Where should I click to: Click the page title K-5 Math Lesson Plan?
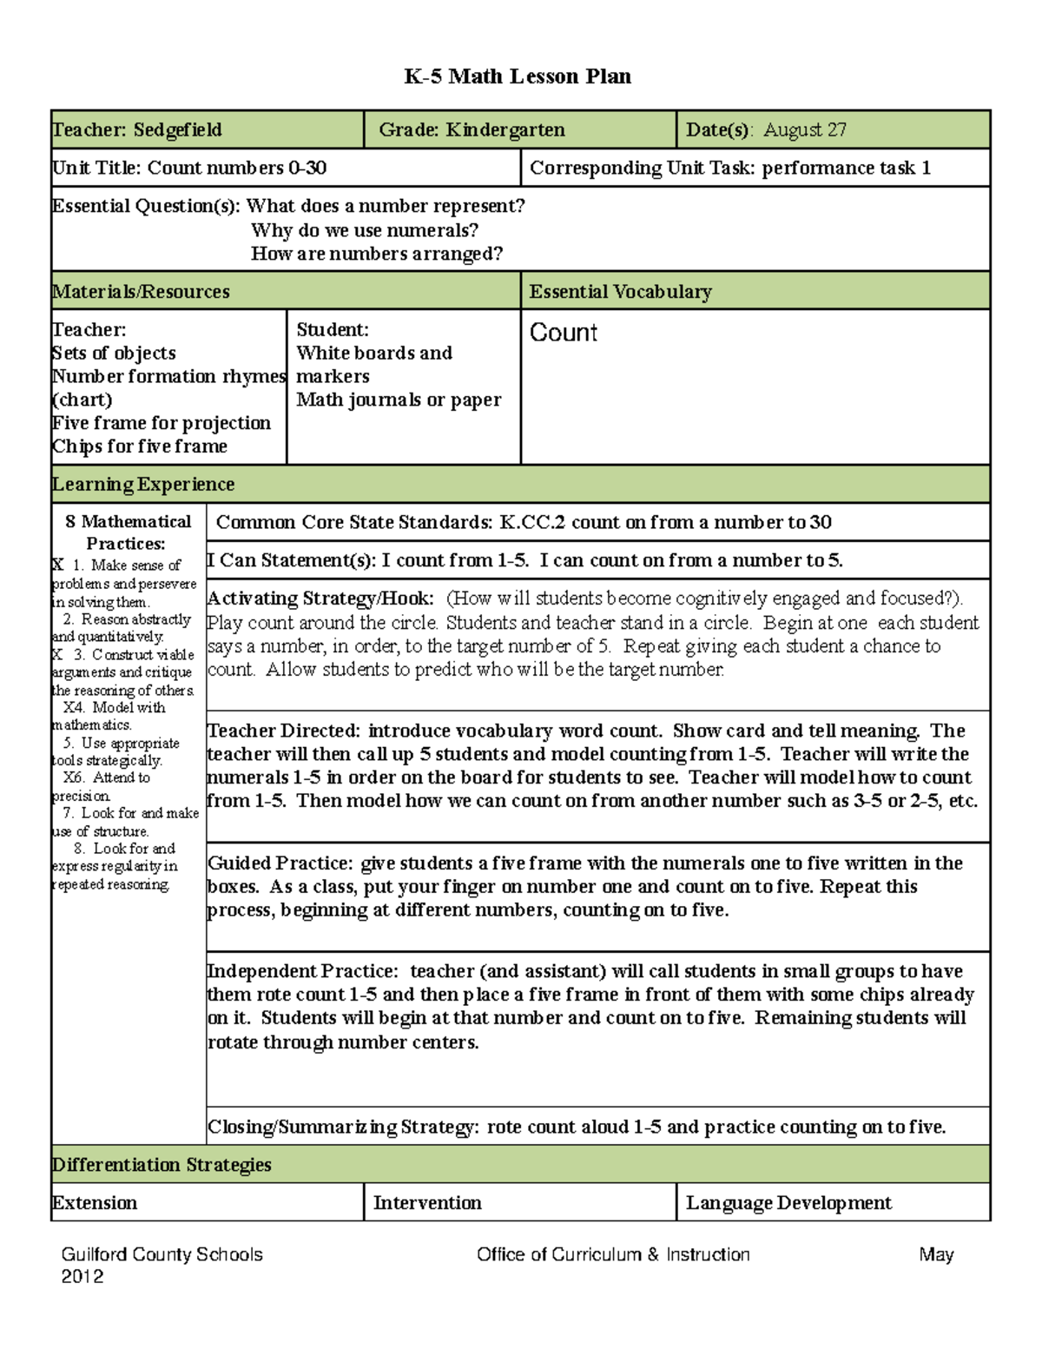click(x=518, y=76)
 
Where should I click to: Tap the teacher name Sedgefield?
click(x=177, y=130)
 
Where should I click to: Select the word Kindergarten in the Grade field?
click(x=505, y=130)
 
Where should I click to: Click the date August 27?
click(x=805, y=130)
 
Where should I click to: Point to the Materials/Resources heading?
click(x=141, y=292)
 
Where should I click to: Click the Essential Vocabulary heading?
click(x=620, y=292)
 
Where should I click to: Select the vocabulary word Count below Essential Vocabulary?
click(x=564, y=333)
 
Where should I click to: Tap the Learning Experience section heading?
click(x=143, y=485)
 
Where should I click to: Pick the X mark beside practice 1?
click(x=57, y=565)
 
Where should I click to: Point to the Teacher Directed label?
click(x=283, y=731)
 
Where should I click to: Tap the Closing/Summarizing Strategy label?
click(x=342, y=1127)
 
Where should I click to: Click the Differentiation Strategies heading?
click(x=162, y=1165)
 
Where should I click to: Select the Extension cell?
click(x=95, y=1203)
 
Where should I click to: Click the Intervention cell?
click(x=427, y=1203)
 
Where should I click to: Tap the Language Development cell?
click(x=788, y=1203)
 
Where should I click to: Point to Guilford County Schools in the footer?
click(x=162, y=1254)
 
